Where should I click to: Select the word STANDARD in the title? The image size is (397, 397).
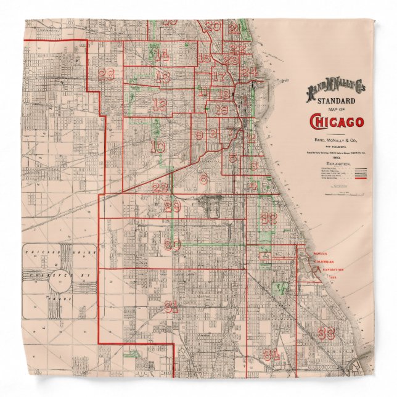tap(337, 100)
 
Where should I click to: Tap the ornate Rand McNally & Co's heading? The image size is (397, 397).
tap(336, 90)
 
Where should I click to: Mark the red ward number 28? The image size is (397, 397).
tap(106, 75)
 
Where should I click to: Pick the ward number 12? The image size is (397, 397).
tap(160, 105)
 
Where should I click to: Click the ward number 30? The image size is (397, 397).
tap(173, 245)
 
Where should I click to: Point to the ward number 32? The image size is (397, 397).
tap(268, 218)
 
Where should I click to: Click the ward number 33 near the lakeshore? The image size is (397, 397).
tap(327, 333)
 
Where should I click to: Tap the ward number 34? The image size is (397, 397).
tap(272, 356)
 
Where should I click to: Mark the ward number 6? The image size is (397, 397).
tap(203, 179)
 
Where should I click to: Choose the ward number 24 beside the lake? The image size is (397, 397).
tap(249, 72)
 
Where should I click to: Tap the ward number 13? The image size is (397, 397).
tap(163, 78)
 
